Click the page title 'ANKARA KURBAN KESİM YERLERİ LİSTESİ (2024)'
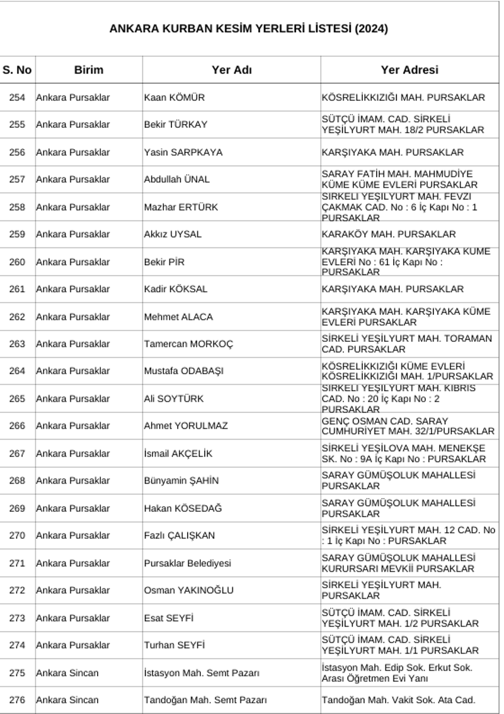click(x=248, y=29)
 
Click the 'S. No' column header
click(x=17, y=70)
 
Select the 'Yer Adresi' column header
click(x=409, y=70)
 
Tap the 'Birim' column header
click(x=88, y=70)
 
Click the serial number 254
click(x=17, y=98)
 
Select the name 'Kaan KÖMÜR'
click(x=175, y=98)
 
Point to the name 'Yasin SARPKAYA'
click(x=183, y=152)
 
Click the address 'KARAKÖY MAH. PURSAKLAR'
click(x=388, y=234)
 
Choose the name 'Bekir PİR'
click(x=164, y=262)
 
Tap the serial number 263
click(x=17, y=344)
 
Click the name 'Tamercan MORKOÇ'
click(x=188, y=344)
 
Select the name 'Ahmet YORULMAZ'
click(x=186, y=426)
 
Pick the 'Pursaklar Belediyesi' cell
click(x=188, y=563)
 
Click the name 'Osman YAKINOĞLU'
click(x=188, y=590)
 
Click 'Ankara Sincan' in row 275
click(x=67, y=673)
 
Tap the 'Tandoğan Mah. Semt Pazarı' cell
click(x=205, y=700)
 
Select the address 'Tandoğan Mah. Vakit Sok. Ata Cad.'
click(x=398, y=700)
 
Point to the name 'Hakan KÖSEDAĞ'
click(x=183, y=508)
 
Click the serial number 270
click(x=17, y=535)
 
